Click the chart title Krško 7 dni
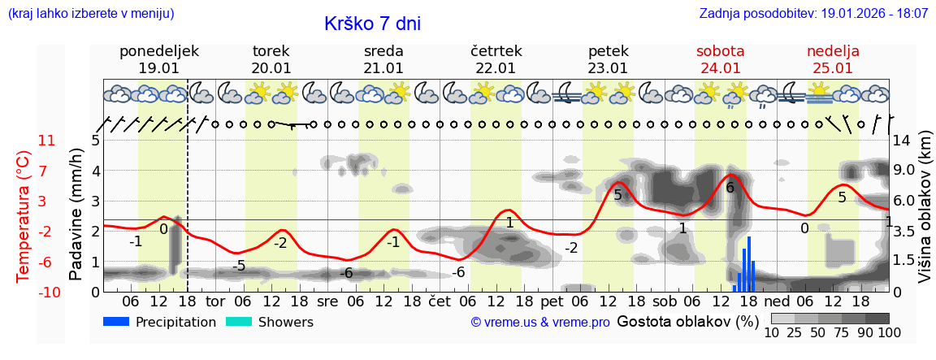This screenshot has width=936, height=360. (x=372, y=24)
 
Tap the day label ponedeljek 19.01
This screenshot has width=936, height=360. (x=158, y=59)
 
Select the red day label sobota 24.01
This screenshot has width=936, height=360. (x=720, y=59)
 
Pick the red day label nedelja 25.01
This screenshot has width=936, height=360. (x=833, y=59)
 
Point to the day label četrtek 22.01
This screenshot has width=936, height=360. (x=496, y=59)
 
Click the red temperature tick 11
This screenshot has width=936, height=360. (x=47, y=141)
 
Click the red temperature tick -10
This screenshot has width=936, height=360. (x=45, y=292)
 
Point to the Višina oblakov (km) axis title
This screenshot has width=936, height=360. (x=925, y=214)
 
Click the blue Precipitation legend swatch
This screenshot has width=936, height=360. (x=117, y=322)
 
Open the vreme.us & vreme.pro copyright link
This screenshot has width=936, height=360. (x=540, y=323)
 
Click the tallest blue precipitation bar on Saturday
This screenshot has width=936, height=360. (x=748, y=264)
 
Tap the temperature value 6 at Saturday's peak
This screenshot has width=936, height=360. (x=730, y=188)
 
